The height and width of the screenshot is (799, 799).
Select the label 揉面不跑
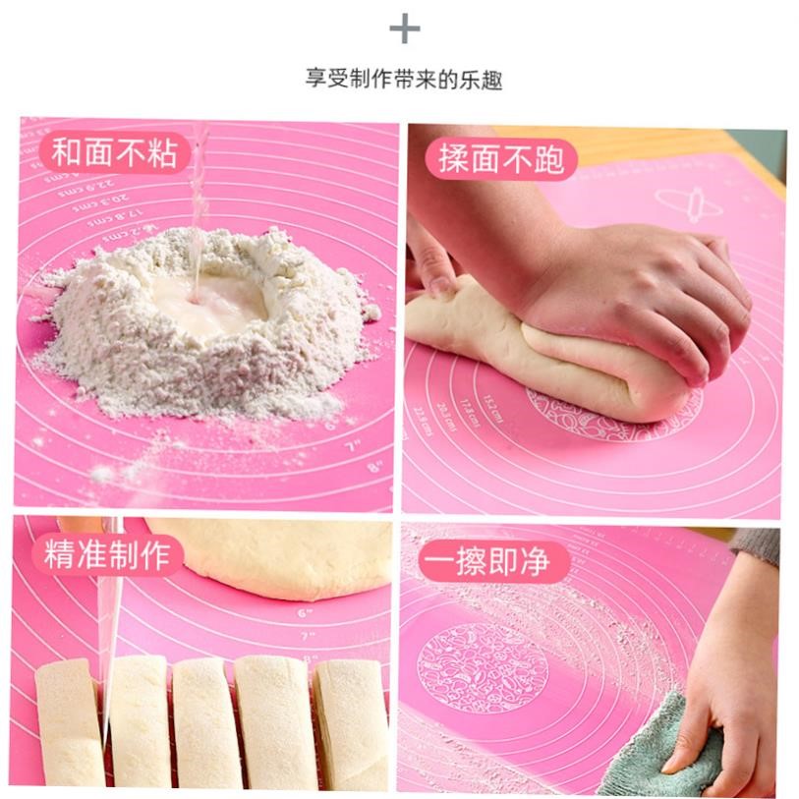501,160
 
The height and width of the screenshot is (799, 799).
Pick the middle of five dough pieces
207,722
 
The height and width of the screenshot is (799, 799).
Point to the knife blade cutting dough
110,639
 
